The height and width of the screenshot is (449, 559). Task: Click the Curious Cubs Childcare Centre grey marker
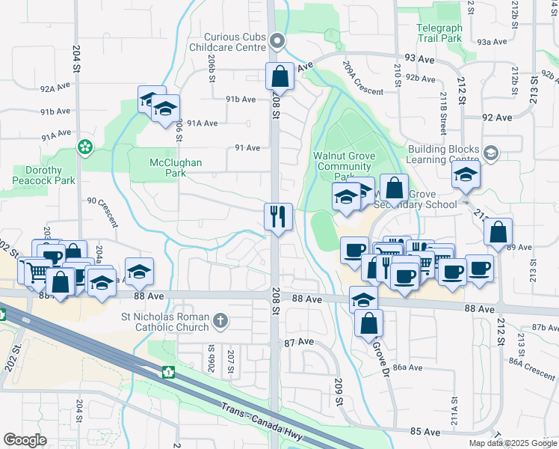point(278,42)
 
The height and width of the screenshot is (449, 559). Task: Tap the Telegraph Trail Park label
point(439,33)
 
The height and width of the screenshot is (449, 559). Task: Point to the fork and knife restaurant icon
point(278,217)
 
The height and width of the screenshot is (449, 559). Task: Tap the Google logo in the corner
point(25,439)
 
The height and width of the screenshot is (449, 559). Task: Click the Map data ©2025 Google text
point(513,443)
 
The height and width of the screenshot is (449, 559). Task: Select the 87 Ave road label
point(299,341)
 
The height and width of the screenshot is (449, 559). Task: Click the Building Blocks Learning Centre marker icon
point(491,153)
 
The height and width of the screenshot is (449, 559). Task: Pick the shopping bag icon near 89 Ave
point(498,233)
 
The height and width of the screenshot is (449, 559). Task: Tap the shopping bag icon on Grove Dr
point(368,323)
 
